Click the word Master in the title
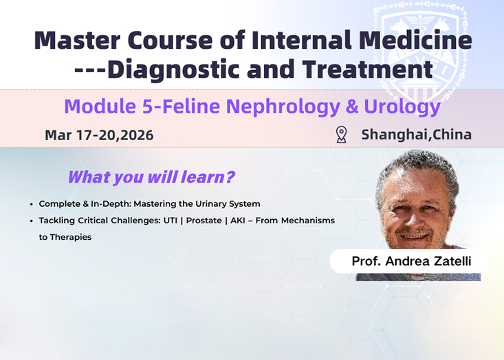pos(77,41)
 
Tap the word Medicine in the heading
pos(415,41)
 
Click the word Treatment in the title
pos(367,69)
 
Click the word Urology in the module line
pos(402,107)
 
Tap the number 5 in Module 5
pos(148,106)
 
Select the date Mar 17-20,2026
pos(99,135)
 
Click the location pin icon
pos(341,135)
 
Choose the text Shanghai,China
pos(417,135)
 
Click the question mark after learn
pos(230,177)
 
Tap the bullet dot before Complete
pos(31,204)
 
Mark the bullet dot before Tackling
pos(31,221)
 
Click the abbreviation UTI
pos(171,221)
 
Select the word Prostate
pos(204,221)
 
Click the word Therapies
pos(71,237)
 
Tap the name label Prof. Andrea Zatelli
pos(411,261)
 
